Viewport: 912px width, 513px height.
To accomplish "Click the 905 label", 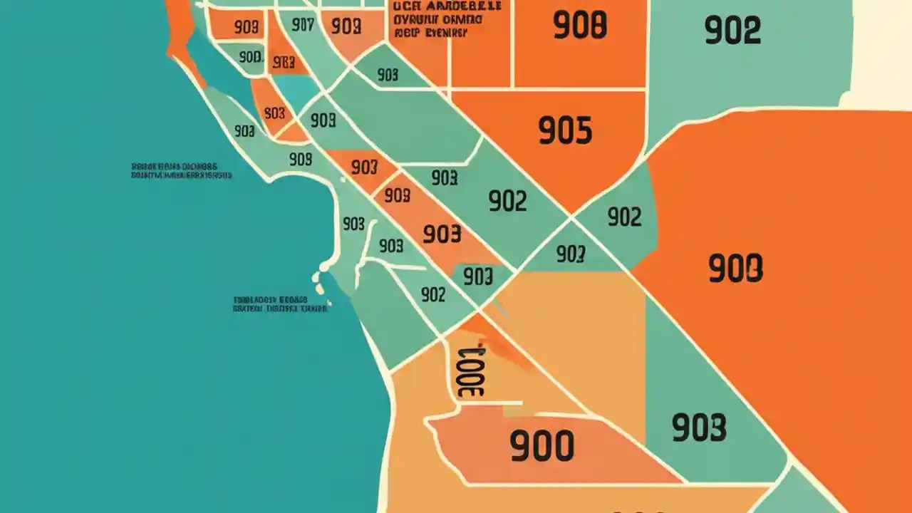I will coord(565,131).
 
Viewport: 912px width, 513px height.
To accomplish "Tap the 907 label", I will coord(303,26).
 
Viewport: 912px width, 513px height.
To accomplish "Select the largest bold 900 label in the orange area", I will coord(541,446).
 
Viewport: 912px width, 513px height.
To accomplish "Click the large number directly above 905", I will coord(579,26).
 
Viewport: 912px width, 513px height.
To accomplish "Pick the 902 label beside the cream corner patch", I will coord(732,31).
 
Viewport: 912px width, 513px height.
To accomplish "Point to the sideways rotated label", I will coord(471,370).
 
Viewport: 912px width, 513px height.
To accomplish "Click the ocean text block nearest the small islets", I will coord(279,305).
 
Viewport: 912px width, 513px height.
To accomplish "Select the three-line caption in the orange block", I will coord(437,19).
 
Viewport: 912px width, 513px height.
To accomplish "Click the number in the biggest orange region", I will coord(735,269).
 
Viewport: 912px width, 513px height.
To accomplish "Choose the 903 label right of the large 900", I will coord(698,427).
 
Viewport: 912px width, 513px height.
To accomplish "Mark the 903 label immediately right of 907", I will coord(346,26).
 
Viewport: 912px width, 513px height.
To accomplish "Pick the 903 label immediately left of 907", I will coord(246,28).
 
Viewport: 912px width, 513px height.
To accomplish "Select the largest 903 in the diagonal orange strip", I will coord(442,234).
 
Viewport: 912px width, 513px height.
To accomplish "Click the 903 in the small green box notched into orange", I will coord(477,276).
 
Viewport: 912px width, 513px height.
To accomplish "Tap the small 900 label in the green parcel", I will coord(250,57).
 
